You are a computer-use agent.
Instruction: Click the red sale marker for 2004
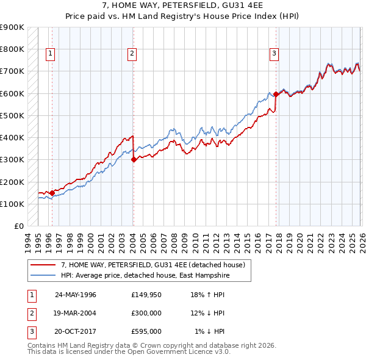coord(134,160)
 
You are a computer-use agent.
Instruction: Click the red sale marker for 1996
coord(52,193)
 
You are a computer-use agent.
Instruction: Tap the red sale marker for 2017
coord(276,94)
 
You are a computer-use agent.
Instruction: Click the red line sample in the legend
coord(43,265)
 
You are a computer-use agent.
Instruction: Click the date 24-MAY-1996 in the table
coord(76,295)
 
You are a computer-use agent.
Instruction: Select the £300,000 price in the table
coord(146,313)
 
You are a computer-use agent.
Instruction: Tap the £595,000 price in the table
coord(146,331)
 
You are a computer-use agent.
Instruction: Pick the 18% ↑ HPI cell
coord(208,295)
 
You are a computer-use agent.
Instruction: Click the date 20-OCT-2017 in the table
coord(76,331)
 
